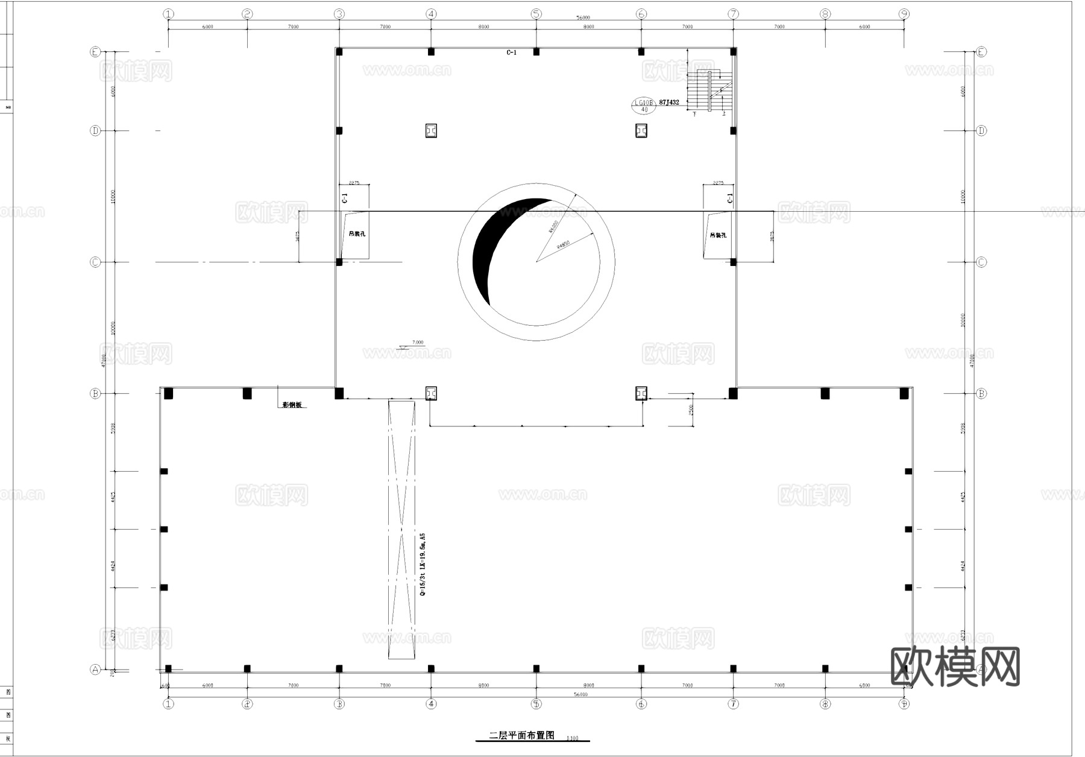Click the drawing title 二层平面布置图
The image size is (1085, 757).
[x=522, y=735]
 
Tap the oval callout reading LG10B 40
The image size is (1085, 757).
[x=643, y=106]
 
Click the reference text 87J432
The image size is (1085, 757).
[x=669, y=103]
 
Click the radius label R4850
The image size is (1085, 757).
[x=563, y=245]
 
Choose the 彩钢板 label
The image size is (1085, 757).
[x=292, y=405]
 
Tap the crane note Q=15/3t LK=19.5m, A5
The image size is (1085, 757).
[x=423, y=565]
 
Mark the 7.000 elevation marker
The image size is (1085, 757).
[x=417, y=343]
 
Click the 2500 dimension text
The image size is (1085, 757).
[x=691, y=410]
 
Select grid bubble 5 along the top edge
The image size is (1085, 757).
[x=536, y=14]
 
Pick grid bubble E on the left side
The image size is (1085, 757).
[x=95, y=52]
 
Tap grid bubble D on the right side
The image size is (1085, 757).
[x=981, y=130]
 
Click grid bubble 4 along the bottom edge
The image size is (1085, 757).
[x=431, y=704]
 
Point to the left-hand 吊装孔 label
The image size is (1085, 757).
[x=357, y=233]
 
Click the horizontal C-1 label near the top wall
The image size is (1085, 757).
[x=511, y=53]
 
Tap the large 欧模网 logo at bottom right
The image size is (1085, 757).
[x=955, y=667]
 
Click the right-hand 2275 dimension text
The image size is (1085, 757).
[x=718, y=182]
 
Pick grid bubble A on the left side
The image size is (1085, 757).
[x=95, y=669]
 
